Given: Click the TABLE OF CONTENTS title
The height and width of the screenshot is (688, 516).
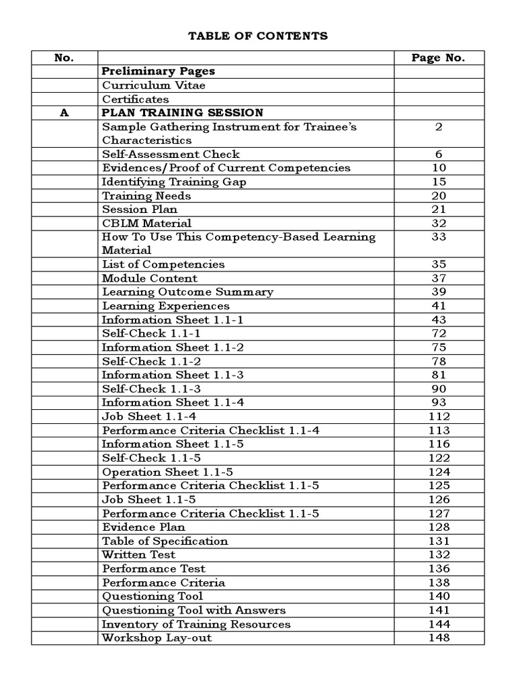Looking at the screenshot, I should (x=258, y=36).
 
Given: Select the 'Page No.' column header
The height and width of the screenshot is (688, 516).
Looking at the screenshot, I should (x=438, y=58).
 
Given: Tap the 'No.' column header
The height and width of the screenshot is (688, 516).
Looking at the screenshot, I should (x=64, y=58).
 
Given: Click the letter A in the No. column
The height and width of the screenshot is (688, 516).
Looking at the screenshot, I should (x=64, y=113).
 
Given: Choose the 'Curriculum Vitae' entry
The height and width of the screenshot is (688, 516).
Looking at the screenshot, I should (x=154, y=85).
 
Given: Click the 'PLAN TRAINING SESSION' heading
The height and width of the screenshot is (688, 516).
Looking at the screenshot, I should (x=182, y=113).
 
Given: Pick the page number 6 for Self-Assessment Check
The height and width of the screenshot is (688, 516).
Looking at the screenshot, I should (x=438, y=155).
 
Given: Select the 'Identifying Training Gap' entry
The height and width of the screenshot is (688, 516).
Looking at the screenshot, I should (x=174, y=182).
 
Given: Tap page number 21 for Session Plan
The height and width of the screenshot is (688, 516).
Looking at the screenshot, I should (x=438, y=210).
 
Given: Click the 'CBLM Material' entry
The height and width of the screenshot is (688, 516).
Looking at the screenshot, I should (x=146, y=223).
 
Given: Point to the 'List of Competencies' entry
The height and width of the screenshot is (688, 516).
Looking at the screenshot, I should (x=163, y=265).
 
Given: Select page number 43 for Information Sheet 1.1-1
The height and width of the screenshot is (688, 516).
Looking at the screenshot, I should (x=438, y=320).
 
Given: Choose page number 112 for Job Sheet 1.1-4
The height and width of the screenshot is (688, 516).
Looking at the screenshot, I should (x=438, y=417).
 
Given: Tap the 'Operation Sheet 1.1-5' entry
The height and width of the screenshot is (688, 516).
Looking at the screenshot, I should (x=167, y=472).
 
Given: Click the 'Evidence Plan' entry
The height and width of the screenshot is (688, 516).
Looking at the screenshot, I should (x=143, y=527).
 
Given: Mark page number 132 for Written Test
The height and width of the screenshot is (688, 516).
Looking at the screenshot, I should (x=438, y=555).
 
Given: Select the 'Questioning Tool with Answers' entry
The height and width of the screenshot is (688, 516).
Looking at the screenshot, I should (x=193, y=610).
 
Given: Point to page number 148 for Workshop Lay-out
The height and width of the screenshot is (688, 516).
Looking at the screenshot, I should (x=438, y=638).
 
